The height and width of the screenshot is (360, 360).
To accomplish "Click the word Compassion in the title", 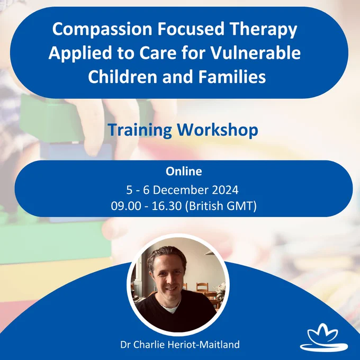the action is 102,29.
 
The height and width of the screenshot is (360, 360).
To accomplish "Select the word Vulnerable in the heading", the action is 255,52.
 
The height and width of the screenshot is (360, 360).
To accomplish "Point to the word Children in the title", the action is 123,76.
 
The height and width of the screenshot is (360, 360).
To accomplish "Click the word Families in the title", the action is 232,76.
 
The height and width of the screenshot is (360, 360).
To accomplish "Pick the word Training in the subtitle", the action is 140,130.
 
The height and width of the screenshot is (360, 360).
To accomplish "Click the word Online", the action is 184,172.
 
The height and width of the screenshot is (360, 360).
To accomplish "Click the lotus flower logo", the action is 323,337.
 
